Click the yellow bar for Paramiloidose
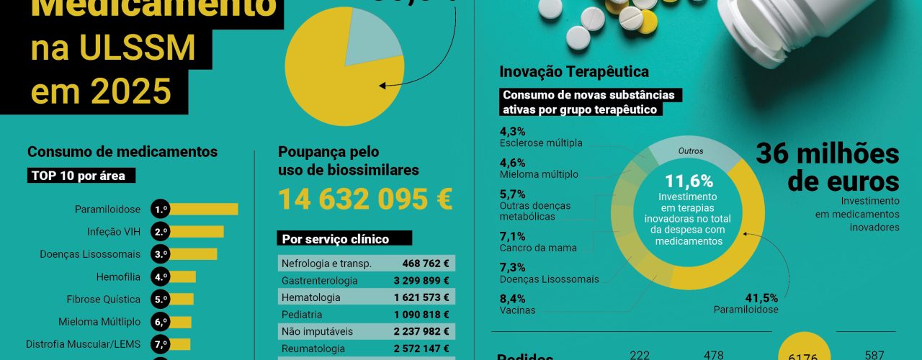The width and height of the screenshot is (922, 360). (x=204, y=210)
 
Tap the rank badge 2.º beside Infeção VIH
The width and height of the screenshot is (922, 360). (x=160, y=232)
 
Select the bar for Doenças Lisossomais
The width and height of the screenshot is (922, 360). (x=193, y=254)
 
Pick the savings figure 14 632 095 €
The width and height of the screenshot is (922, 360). (x=365, y=199)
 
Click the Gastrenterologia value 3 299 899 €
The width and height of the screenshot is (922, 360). (x=421, y=280)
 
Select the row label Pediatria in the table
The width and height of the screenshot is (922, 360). (x=302, y=315)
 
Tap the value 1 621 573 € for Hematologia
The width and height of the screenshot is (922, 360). (x=421, y=297)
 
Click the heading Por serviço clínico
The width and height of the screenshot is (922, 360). (x=335, y=239)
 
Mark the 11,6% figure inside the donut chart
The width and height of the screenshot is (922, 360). (x=689, y=181)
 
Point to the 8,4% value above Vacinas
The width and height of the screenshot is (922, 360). (x=512, y=299)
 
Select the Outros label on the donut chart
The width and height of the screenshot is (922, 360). (x=691, y=151)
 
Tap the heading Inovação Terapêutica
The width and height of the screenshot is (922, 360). (x=574, y=72)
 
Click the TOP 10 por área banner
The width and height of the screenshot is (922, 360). (x=83, y=176)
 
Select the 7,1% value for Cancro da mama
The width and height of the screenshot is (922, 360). (x=512, y=236)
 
